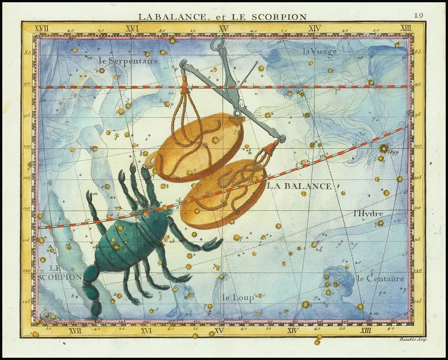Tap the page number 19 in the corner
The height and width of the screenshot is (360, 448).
419,15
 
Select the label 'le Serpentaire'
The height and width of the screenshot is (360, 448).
128,61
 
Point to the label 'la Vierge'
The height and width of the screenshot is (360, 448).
320,51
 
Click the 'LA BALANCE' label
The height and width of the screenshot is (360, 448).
299,186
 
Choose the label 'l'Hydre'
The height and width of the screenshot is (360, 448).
368,213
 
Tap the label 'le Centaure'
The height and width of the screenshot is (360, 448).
380,278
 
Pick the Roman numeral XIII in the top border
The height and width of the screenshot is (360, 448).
406,28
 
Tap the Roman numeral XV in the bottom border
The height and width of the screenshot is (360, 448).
219,331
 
